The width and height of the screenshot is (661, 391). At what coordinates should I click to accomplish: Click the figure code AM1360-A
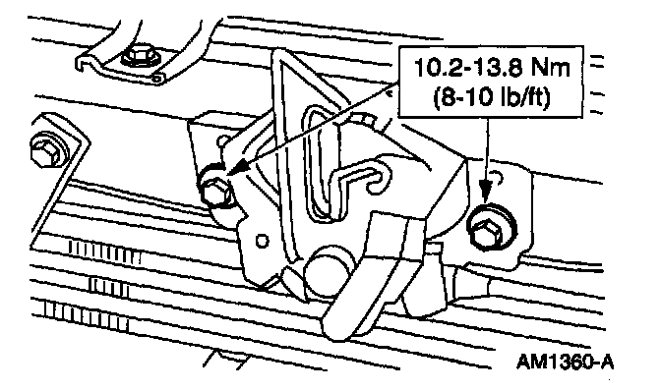pyautogui.click(x=566, y=362)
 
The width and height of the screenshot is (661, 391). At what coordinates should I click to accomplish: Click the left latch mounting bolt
pyautogui.click(x=215, y=192)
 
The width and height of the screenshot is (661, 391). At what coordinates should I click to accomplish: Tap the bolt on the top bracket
pyautogui.click(x=139, y=58)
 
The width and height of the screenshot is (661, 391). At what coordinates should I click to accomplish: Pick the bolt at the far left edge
pyautogui.click(x=45, y=150)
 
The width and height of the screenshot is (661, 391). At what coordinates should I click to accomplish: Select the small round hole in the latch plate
pyautogui.click(x=263, y=241)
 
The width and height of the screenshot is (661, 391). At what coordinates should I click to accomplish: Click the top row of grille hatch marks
pyautogui.click(x=104, y=251)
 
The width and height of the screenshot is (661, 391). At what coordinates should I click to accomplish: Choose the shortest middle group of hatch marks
pyautogui.click(x=109, y=287)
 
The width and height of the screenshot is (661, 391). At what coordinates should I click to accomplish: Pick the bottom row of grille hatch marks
pyautogui.click(x=87, y=314)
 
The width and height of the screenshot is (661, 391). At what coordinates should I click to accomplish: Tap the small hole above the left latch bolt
pyautogui.click(x=224, y=140)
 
